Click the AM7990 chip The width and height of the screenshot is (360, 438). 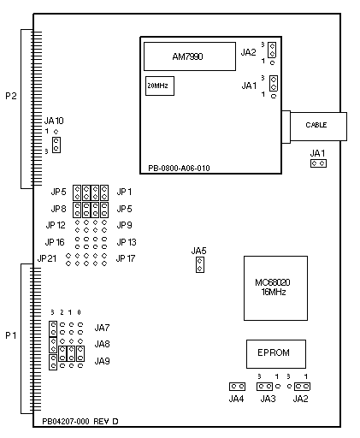click(x=190, y=56)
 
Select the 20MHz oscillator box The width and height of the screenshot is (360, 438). click(x=160, y=86)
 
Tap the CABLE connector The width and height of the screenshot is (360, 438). click(x=318, y=127)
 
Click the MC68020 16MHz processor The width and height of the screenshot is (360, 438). click(x=275, y=288)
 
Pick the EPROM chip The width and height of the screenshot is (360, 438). click(x=276, y=354)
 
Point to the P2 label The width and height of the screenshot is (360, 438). click(x=11, y=96)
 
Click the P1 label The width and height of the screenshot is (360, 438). click(x=11, y=335)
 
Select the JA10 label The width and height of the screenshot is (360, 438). click(x=54, y=121)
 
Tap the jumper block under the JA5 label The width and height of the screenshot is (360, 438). click(x=200, y=264)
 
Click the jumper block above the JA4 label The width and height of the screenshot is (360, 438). click(x=237, y=387)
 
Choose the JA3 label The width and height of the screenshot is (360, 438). click(x=268, y=399)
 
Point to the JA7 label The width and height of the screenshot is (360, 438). click(x=102, y=328)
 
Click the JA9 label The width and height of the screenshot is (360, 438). click(x=102, y=361)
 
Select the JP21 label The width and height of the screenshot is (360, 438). click(x=47, y=258)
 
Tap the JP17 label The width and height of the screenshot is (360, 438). click(x=126, y=258)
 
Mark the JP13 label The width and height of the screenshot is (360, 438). click(x=127, y=242)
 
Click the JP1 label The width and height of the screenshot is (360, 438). click(x=124, y=192)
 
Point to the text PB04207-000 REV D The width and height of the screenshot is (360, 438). click(x=80, y=421)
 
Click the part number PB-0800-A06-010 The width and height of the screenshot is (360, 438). click(x=179, y=168)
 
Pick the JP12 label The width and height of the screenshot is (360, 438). click(x=56, y=225)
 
